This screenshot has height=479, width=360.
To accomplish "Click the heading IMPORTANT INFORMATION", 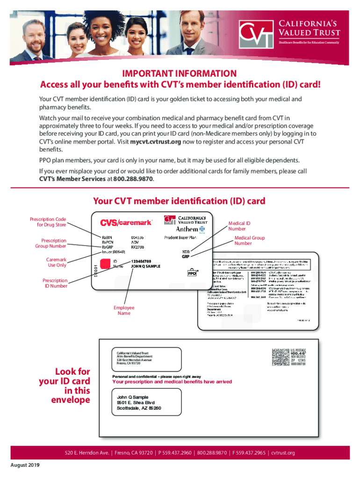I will [180, 73].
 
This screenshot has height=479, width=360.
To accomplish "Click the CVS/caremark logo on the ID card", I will [126, 223].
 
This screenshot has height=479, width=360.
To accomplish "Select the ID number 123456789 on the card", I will [144, 261].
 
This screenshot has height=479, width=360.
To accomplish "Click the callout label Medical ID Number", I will [240, 226].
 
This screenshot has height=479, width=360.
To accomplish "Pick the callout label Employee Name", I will [124, 310].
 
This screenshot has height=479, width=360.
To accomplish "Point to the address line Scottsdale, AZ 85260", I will [139, 408].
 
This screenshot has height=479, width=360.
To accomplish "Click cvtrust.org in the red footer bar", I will [283, 453].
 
